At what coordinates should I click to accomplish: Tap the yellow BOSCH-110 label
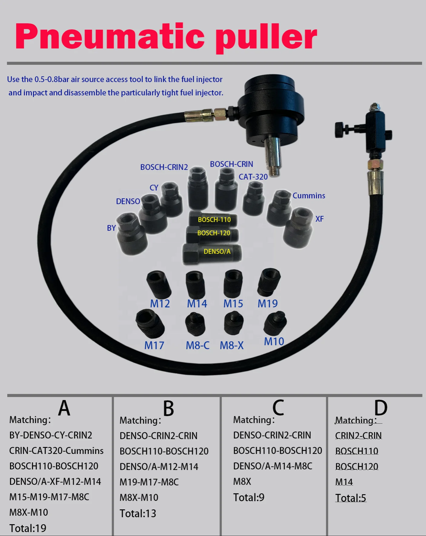pyautogui.click(x=214, y=220)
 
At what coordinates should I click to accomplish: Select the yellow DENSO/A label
pyautogui.click(x=217, y=252)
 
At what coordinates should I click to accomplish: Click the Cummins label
pyautogui.click(x=309, y=196)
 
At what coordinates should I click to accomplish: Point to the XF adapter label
pyautogui.click(x=319, y=219)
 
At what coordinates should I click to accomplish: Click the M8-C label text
pyautogui.click(x=197, y=346)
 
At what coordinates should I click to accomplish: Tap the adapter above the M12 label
pyautogui.click(x=159, y=284)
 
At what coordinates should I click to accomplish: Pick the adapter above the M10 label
pyautogui.click(x=275, y=323)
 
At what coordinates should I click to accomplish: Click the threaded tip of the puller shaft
pyautogui.click(x=274, y=171)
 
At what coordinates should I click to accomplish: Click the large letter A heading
pyautogui.click(x=64, y=408)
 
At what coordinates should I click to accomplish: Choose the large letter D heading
pyautogui.click(x=381, y=408)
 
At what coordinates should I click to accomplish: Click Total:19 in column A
pyautogui.click(x=28, y=528)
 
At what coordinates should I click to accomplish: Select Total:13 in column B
pyautogui.click(x=138, y=514)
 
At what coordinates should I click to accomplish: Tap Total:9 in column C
pyautogui.click(x=249, y=498)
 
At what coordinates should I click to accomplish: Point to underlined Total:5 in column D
pyautogui.click(x=351, y=498)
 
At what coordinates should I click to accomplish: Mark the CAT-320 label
pyautogui.click(x=253, y=177)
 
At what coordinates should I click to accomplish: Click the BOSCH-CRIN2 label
pyautogui.click(x=164, y=167)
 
